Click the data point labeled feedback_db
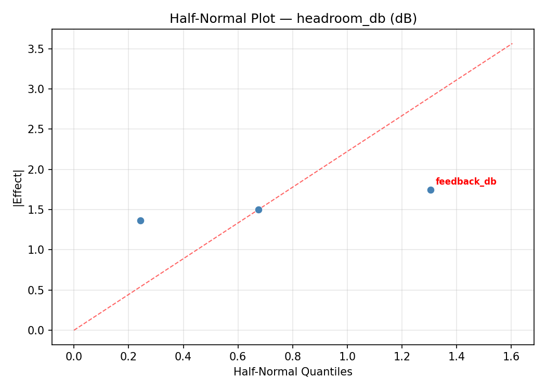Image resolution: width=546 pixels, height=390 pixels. [x=431, y=190]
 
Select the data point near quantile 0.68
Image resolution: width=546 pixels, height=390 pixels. [x=258, y=210]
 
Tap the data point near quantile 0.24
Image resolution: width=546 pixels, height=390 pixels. [x=140, y=220]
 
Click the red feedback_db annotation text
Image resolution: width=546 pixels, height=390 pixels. [x=465, y=181]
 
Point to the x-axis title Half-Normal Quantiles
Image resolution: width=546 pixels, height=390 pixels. [x=293, y=372]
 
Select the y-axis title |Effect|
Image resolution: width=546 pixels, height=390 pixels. [x=19, y=188]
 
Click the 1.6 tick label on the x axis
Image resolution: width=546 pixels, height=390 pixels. [x=511, y=356]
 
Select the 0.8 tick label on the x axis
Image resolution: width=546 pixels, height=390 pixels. [x=292, y=356]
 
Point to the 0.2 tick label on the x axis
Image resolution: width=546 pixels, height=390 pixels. [x=128, y=356]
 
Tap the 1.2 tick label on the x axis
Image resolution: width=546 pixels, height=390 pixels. [x=401, y=356]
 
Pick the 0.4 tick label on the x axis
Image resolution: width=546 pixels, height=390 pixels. [x=183, y=356]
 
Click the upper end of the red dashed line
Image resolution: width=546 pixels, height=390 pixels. [x=512, y=43]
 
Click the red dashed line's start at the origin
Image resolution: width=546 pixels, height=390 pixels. [x=74, y=330]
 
